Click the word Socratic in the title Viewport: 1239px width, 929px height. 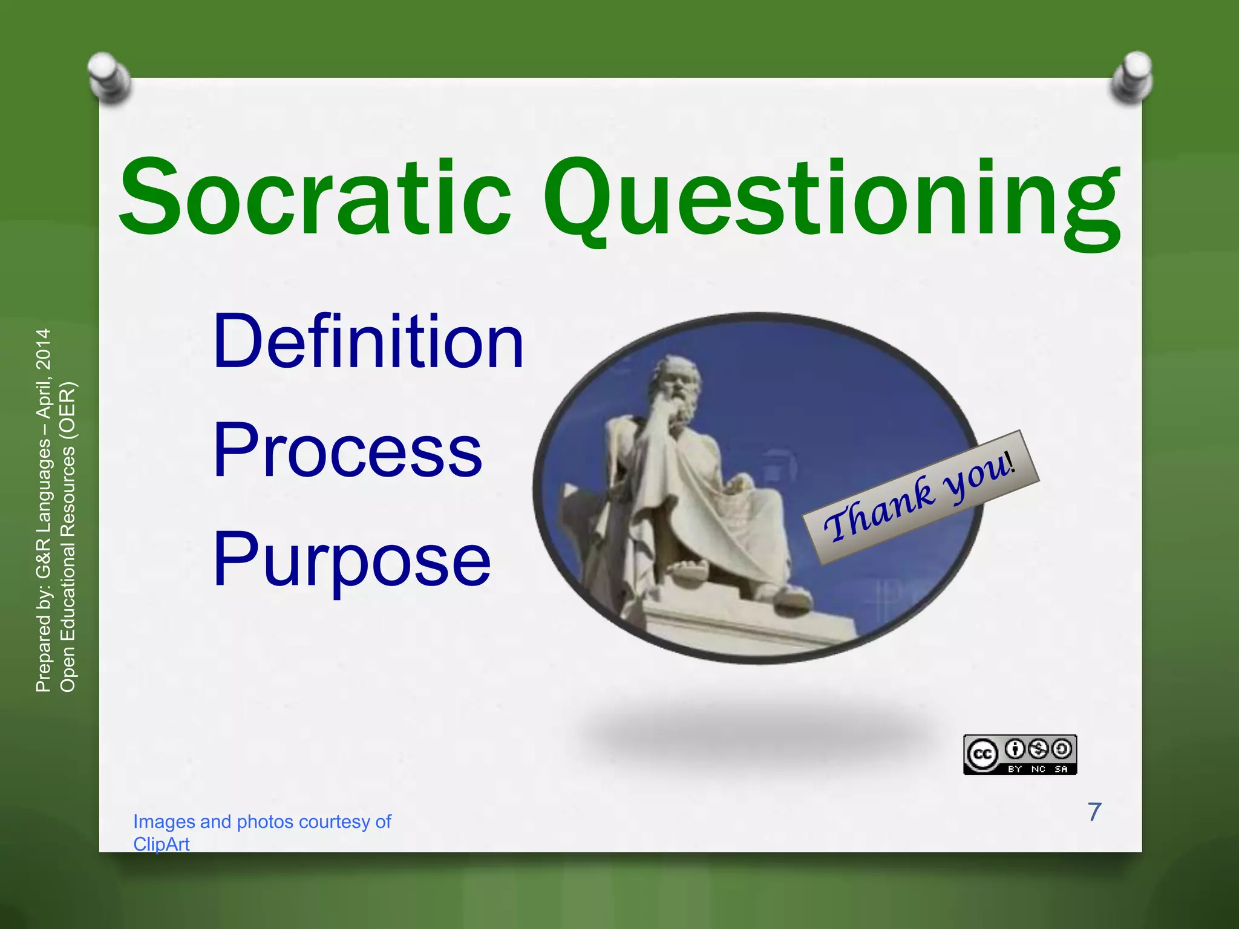click(x=315, y=197)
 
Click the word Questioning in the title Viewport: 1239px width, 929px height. click(x=832, y=200)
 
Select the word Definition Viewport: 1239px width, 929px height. click(x=368, y=342)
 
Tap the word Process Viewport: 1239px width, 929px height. click(x=348, y=451)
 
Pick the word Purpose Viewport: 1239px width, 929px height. click(x=351, y=559)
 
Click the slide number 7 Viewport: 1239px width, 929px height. click(x=1094, y=812)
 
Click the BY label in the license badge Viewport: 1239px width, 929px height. click(x=1015, y=769)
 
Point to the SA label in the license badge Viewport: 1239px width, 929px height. click(x=1061, y=769)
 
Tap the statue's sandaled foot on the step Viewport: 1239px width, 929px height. click(x=690, y=571)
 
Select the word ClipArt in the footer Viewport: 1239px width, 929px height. click(x=161, y=844)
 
